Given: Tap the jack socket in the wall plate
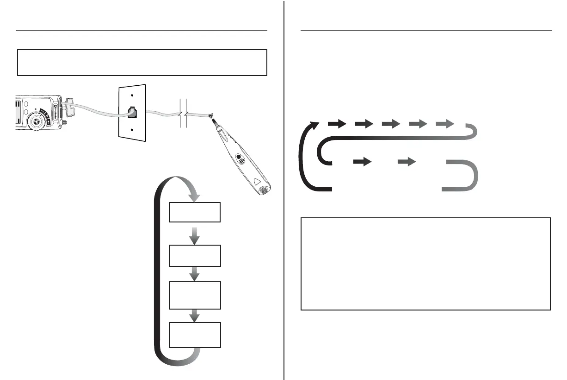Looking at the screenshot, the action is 131,112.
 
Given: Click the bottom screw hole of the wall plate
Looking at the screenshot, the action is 133,130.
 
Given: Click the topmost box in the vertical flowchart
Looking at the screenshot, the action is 195,213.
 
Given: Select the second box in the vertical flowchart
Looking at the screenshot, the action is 195,256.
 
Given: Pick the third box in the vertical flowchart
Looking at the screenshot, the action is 195,295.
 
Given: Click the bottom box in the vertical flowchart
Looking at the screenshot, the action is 195,335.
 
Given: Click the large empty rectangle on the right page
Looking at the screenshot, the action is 425,263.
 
